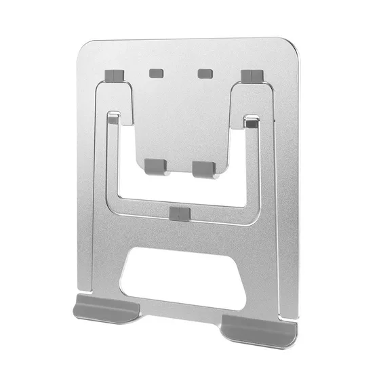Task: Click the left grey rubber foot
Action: point(106,308)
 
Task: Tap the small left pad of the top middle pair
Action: point(156,72)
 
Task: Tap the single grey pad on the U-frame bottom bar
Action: point(180,214)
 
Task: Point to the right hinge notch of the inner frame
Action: point(252,123)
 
